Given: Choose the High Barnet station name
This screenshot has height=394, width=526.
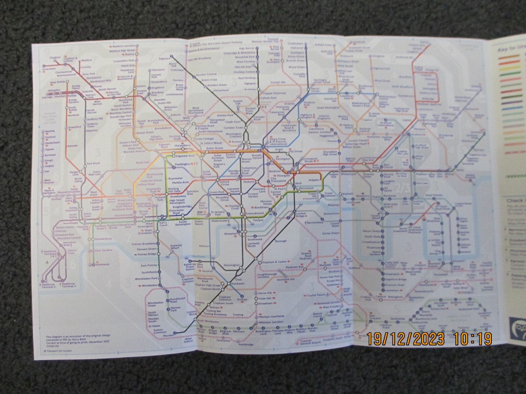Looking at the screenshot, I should click(247, 48).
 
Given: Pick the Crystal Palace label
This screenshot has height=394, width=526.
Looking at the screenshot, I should click(314, 295).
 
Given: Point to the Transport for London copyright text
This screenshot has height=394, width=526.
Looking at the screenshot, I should click(58, 350).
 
